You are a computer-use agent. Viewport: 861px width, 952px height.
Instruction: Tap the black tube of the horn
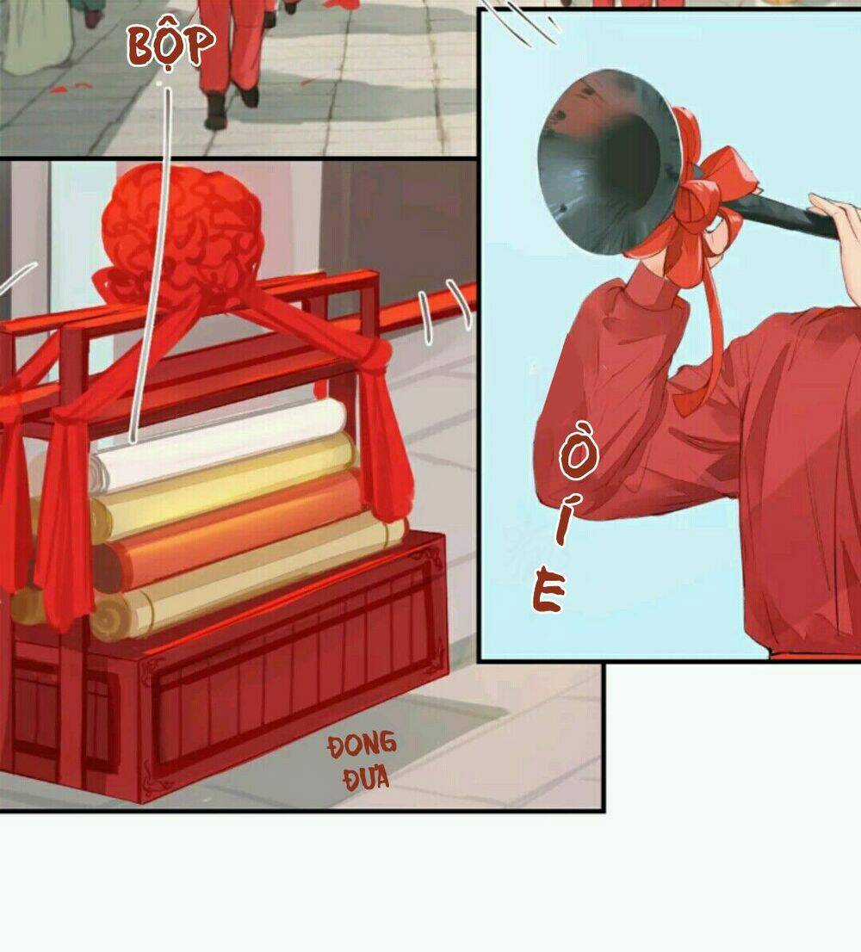tap(788, 215)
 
